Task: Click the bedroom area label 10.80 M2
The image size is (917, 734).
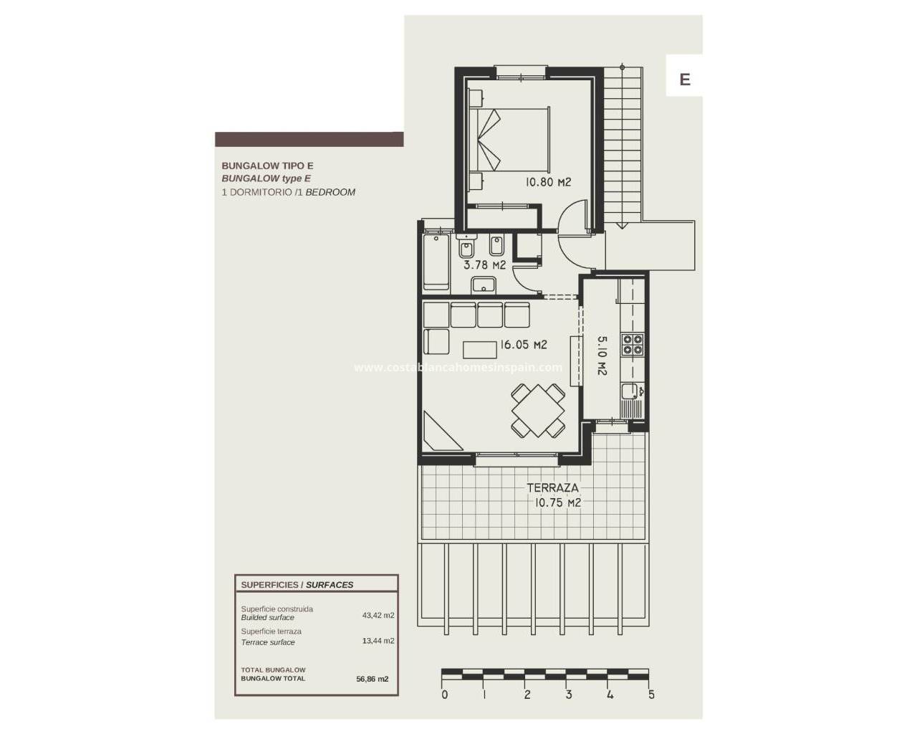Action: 548,182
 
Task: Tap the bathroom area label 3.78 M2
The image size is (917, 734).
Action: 484,264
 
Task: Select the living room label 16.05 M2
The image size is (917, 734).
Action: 523,344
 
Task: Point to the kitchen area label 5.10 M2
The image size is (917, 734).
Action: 602,356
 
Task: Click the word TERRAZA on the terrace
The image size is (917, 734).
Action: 552,487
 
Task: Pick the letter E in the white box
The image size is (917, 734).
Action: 684,80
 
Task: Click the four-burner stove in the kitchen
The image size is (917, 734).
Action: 633,345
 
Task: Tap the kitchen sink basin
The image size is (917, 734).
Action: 629,391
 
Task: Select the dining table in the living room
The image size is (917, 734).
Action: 538,410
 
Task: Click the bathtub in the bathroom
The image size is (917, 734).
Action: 436,262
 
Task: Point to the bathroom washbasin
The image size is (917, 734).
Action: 483,285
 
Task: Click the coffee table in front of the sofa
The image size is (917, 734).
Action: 480,350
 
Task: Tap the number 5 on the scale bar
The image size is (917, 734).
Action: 651,695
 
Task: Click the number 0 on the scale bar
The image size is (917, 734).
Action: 444,695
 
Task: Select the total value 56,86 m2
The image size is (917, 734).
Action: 372,679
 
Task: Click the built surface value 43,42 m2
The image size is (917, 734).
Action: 378,616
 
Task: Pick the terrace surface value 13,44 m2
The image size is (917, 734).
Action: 378,641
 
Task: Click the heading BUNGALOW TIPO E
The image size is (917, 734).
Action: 267,166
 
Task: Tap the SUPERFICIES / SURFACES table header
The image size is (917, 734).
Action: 297,585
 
